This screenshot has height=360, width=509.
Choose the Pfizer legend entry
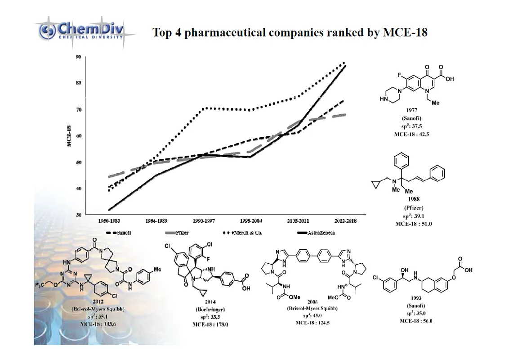point(180,233)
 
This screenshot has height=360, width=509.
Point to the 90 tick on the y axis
point(78,57)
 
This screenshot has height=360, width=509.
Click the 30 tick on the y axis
point(78,215)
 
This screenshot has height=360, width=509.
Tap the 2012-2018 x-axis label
point(345,221)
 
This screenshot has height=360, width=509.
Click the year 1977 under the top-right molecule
point(411,110)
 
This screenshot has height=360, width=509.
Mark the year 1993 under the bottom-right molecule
point(416,298)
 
